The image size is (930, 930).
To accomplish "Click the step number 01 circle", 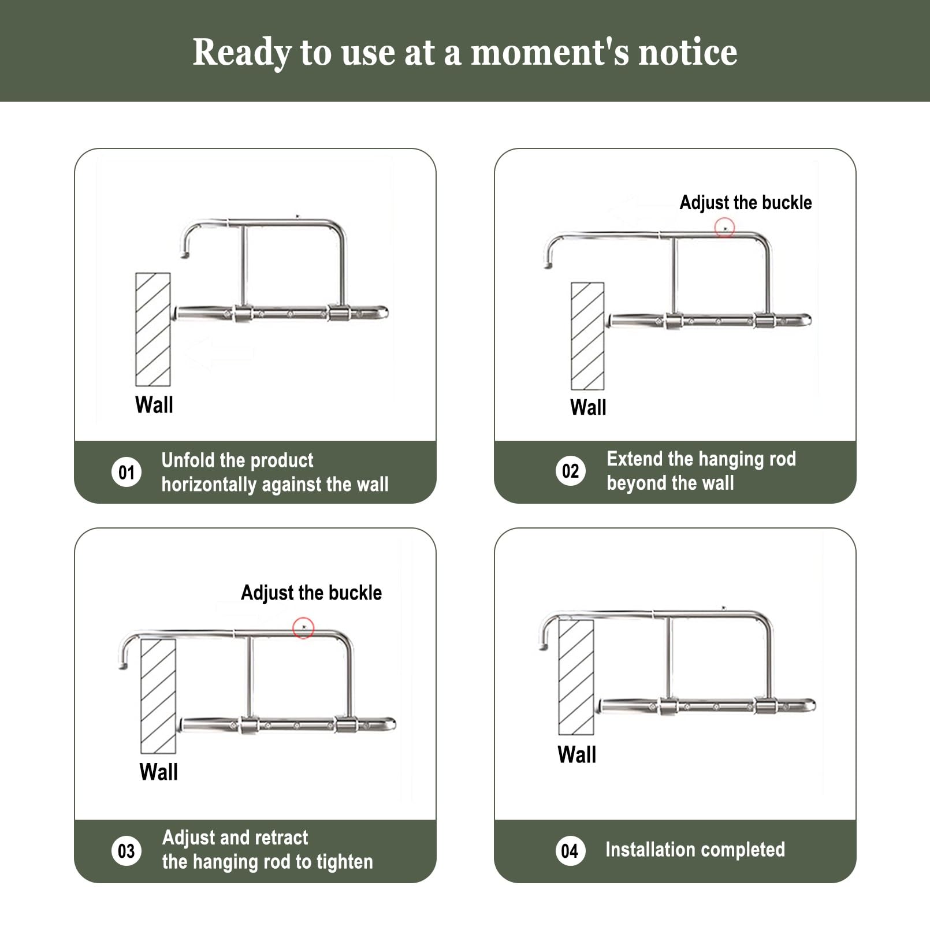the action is pyautogui.click(x=127, y=472).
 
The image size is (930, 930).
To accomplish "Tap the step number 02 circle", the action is pyautogui.click(x=570, y=471).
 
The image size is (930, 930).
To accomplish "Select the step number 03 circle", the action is pyautogui.click(x=127, y=850).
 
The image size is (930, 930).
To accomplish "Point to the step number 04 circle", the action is pyautogui.click(x=570, y=850).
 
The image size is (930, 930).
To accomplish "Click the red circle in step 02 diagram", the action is pyautogui.click(x=724, y=228).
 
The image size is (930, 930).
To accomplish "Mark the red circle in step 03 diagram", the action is pyautogui.click(x=303, y=628).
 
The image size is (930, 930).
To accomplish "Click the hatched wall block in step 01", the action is pyautogui.click(x=153, y=329).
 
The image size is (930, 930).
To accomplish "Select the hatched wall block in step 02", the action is pyautogui.click(x=587, y=336).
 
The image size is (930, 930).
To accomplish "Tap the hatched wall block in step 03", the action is pyautogui.click(x=158, y=696).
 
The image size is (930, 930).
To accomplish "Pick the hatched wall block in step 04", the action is pyautogui.click(x=576, y=676).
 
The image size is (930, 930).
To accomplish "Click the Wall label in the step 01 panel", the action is pyautogui.click(x=154, y=405).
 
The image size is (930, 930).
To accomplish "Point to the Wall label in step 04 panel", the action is pyautogui.click(x=577, y=754).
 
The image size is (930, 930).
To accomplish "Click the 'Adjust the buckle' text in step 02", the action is pyautogui.click(x=746, y=203).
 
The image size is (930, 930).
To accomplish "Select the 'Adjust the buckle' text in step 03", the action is pyautogui.click(x=311, y=593).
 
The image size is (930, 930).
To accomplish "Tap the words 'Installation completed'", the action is pyautogui.click(x=695, y=850).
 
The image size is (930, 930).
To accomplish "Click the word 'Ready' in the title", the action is pyautogui.click(x=242, y=53).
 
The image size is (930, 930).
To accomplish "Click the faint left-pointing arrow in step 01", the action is pyautogui.click(x=218, y=354).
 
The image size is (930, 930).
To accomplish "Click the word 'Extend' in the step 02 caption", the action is pyautogui.click(x=634, y=459).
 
